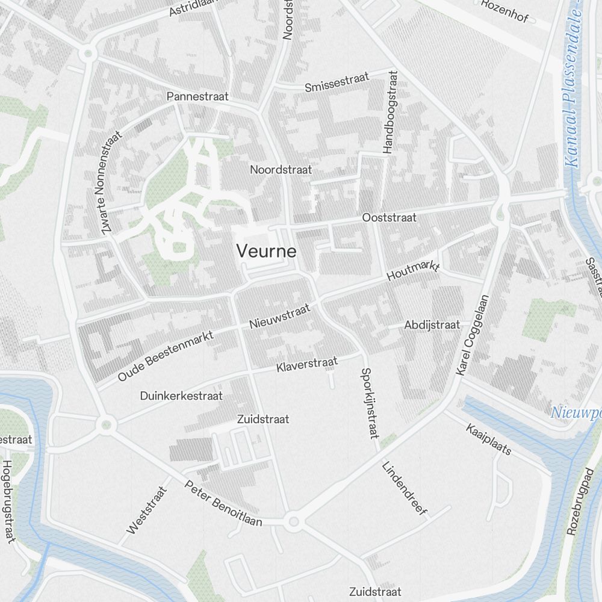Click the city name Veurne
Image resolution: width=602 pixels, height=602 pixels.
(x=266, y=251)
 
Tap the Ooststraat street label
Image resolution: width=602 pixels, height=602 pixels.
(x=389, y=217)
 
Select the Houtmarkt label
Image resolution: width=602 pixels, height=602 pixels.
(x=414, y=272)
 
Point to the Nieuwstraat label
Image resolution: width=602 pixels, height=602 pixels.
(x=280, y=316)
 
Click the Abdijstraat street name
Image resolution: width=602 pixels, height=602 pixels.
(x=432, y=325)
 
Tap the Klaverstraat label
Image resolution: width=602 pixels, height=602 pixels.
(x=308, y=364)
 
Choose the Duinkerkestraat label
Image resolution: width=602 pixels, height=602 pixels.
(x=181, y=396)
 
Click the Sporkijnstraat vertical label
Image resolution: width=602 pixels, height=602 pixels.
(x=368, y=403)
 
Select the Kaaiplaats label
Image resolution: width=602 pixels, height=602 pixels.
(x=488, y=439)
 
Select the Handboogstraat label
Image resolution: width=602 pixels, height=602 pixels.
(x=390, y=111)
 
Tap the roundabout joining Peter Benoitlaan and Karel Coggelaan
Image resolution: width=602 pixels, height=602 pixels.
(x=293, y=521)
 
